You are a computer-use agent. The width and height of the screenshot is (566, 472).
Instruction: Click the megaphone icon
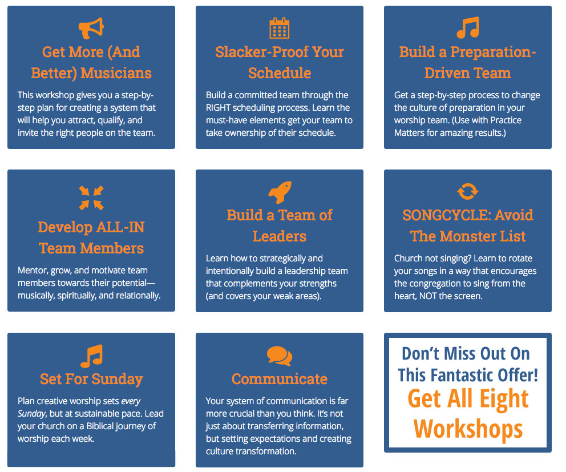91,28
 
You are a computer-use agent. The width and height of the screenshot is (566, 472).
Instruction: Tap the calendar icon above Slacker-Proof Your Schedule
280,28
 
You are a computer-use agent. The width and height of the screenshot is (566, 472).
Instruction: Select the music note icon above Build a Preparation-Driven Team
468,27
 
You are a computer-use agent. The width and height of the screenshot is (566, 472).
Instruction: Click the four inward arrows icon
91,197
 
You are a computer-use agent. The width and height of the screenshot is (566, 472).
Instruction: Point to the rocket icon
280,192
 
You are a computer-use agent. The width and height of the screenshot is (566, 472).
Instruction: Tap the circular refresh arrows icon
468,191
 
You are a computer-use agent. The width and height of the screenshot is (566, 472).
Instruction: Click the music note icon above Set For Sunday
92,356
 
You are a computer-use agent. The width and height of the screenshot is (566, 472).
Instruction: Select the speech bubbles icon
280,356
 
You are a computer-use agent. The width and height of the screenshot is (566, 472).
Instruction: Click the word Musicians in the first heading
116,73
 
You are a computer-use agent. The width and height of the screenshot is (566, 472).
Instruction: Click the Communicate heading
280,379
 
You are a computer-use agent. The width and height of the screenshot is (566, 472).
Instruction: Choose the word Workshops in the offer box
468,429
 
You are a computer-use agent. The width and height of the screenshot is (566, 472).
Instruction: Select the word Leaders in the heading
280,236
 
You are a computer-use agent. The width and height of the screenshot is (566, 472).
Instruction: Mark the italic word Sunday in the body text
32,414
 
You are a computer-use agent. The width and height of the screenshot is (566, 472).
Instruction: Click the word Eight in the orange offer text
504,399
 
